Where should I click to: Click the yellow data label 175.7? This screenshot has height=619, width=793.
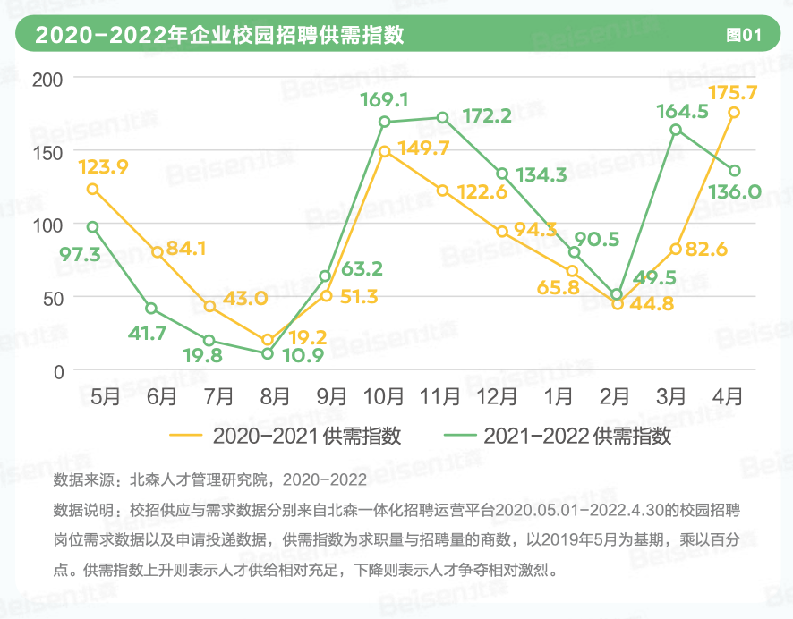coord(733,92)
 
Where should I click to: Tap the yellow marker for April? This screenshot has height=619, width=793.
coord(734,113)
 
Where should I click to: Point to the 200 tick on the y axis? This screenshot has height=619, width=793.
coord(47,79)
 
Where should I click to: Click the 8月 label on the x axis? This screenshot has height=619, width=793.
coord(275,395)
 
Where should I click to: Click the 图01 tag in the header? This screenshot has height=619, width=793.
coord(743,36)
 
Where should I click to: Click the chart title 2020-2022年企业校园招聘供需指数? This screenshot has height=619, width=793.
coord(219,36)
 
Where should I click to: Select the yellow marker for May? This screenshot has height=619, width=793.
coord(92,190)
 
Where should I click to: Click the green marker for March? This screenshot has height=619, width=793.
coord(676,130)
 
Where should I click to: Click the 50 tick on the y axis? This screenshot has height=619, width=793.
coord(52,298)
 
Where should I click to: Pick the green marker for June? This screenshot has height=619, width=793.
coord(151,309)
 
